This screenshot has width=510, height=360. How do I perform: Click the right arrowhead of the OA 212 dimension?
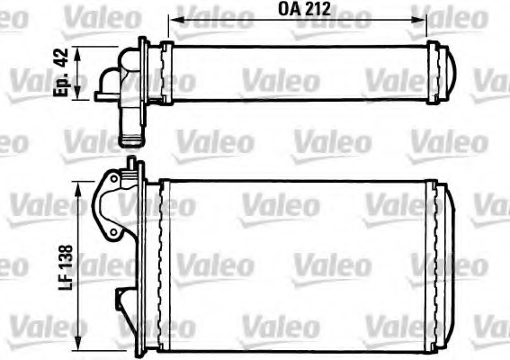(433, 17)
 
